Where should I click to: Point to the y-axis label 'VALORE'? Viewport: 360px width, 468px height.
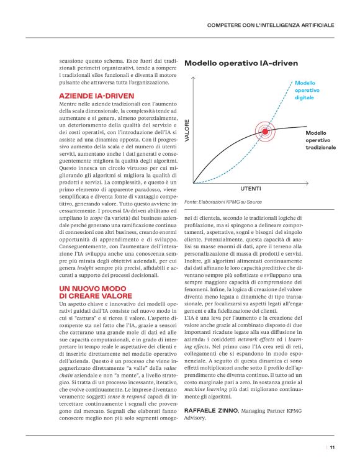coord(187,132)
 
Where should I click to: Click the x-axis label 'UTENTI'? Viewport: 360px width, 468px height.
coord(250,188)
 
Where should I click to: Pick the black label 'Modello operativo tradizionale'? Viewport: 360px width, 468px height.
coord(320,140)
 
